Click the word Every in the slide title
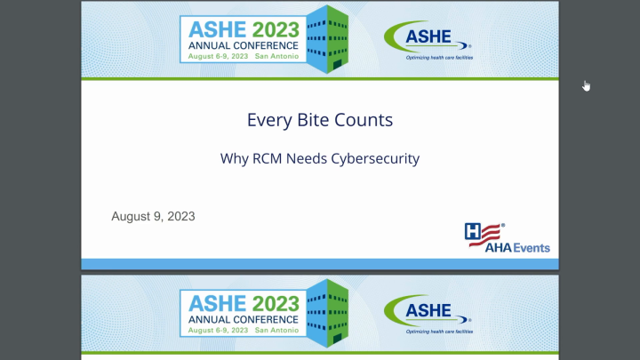click(268, 120)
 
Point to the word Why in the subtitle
click(234, 160)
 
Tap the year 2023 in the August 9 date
click(180, 216)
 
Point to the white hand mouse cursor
click(587, 86)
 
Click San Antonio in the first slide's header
click(276, 55)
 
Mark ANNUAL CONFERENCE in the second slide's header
click(243, 318)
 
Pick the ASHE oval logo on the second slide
click(426, 312)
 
